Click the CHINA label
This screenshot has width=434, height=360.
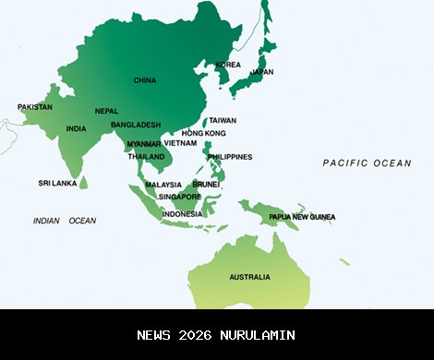tap(145, 80)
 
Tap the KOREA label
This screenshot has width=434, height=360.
tap(228, 65)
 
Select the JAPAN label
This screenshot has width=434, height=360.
tap(262, 72)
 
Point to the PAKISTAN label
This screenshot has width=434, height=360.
tap(35, 107)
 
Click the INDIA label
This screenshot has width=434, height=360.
tap(77, 128)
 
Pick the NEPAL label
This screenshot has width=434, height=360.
tap(106, 111)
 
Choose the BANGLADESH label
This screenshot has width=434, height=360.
tap(136, 125)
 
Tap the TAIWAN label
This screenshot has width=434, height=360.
tap(223, 120)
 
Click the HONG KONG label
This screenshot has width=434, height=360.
tap(204, 134)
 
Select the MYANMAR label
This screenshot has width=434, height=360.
tap(143, 144)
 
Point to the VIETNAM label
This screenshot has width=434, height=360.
tap(181, 143)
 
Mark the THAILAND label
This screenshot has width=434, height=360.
tap(146, 157)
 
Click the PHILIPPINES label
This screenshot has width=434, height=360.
tap(230, 157)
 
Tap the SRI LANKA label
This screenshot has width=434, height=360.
tap(57, 183)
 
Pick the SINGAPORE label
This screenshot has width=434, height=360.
tap(179, 197)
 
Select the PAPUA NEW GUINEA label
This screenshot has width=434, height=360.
tap(302, 217)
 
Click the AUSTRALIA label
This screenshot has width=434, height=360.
tap(250, 277)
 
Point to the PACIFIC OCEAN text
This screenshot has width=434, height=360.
tap(367, 162)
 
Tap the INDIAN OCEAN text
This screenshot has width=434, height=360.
tap(65, 221)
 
